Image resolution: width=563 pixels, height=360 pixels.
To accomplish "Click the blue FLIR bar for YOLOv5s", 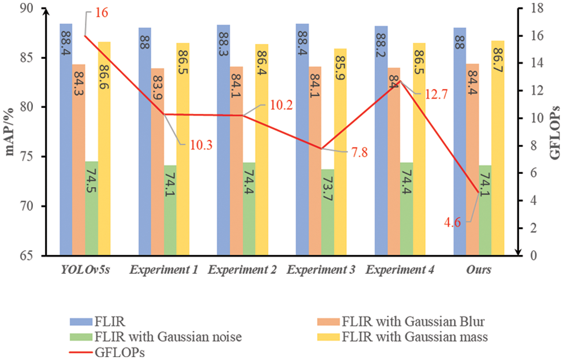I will click(x=66, y=139).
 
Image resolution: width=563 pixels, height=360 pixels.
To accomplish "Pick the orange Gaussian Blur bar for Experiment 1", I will click(x=158, y=162).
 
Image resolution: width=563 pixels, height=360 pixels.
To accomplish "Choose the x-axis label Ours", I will click(x=479, y=270).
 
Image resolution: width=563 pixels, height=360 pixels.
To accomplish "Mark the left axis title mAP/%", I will click(x=10, y=132).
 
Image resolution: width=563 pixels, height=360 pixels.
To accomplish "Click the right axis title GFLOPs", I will click(x=555, y=132).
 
